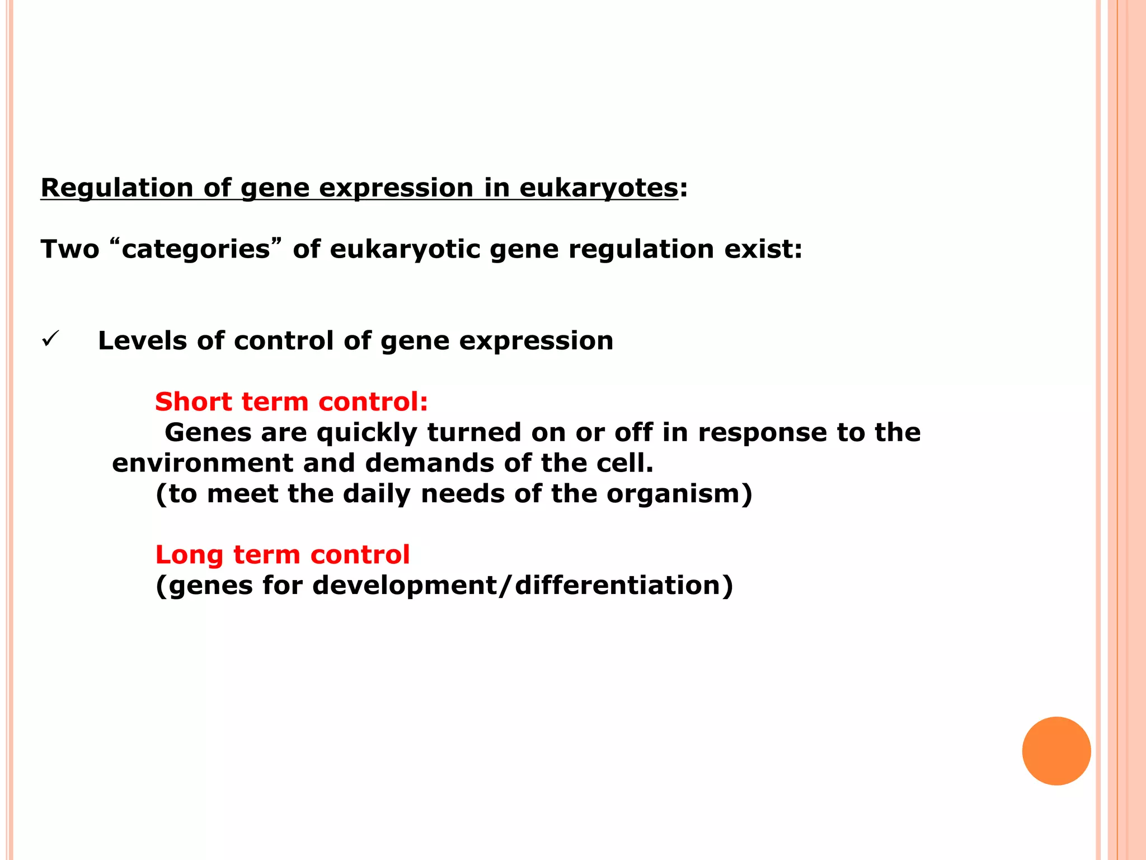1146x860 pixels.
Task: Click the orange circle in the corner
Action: pos(1056,751)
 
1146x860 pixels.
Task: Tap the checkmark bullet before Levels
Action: pos(50,339)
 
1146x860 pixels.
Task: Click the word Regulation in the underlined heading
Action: pos(117,188)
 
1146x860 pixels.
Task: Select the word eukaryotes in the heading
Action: pos(598,188)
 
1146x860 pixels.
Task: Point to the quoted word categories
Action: pos(196,249)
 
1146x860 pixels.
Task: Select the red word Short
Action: pos(192,402)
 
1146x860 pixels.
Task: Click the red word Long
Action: pos(189,555)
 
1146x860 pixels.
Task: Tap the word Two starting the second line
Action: pos(70,249)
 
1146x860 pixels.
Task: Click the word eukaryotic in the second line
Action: pos(405,249)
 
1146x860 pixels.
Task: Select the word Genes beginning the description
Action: pos(208,433)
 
